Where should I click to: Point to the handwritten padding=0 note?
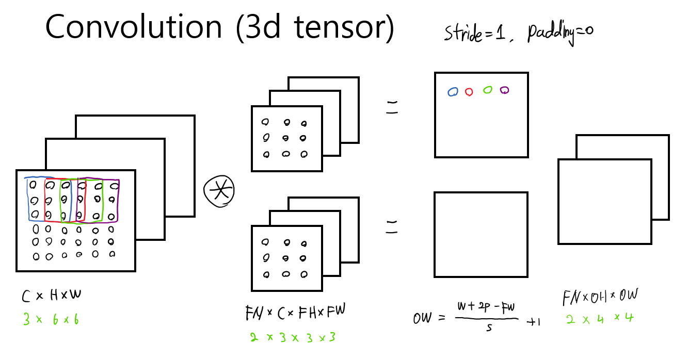[559, 34]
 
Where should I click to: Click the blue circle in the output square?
[453, 92]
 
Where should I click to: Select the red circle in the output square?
[469, 92]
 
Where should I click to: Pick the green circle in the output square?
[487, 90]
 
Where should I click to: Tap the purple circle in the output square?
[504, 90]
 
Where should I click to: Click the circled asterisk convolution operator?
[219, 191]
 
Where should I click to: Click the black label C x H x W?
[52, 297]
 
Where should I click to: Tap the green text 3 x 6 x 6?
[50, 320]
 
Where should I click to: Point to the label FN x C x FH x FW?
[295, 313]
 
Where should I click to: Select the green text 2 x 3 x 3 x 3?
[293, 338]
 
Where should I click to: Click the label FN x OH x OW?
[600, 297]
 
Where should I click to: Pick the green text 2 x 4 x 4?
[599, 318]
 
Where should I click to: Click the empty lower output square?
[481, 235]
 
